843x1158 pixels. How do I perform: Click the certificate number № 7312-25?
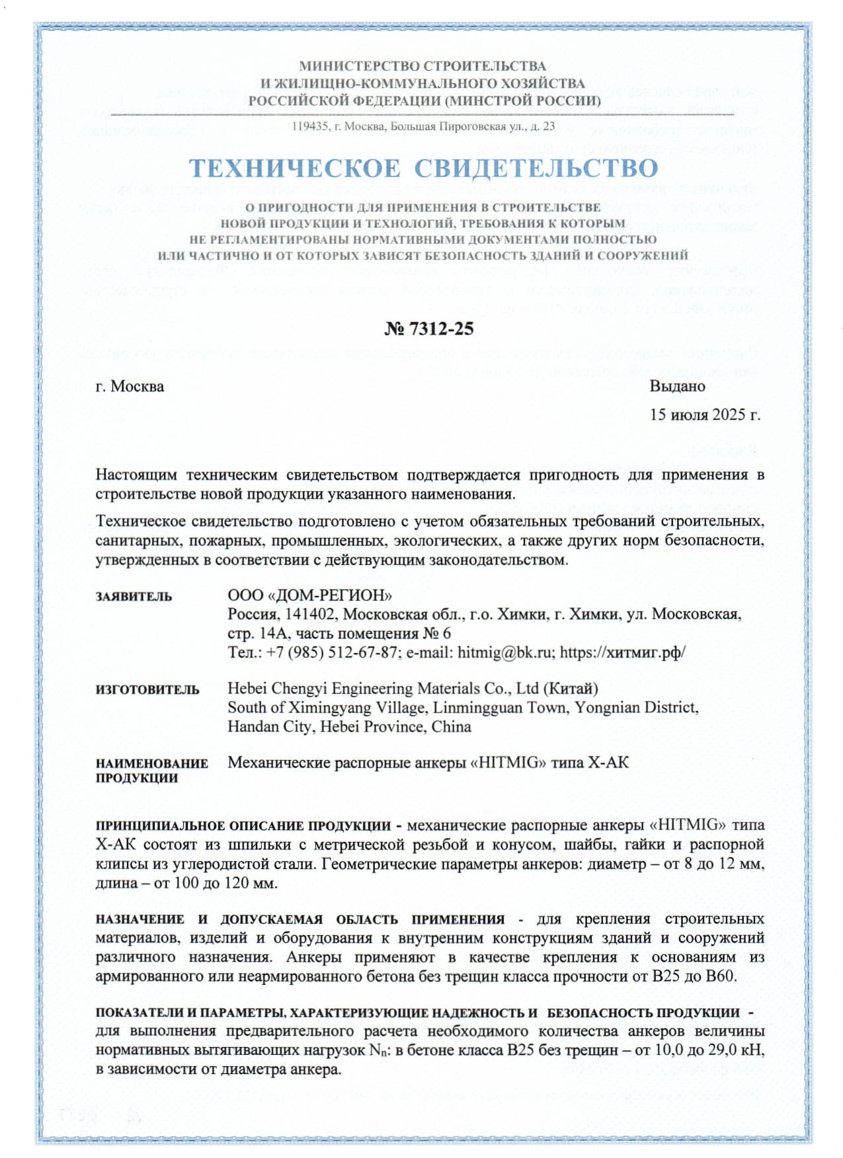(429, 329)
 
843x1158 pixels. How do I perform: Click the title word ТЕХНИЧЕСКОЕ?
(294, 169)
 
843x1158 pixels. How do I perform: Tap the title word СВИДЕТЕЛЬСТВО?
(536, 169)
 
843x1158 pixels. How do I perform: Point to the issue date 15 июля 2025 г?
(705, 414)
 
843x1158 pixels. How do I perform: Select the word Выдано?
(677, 386)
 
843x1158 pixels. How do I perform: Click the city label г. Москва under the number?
(130, 386)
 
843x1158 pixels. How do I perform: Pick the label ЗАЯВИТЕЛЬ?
(134, 597)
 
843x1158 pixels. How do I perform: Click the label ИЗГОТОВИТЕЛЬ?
(147, 690)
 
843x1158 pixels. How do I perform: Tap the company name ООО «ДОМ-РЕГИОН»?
(309, 595)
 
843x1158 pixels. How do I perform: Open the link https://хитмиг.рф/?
(622, 653)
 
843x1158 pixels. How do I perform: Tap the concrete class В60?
(721, 976)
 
